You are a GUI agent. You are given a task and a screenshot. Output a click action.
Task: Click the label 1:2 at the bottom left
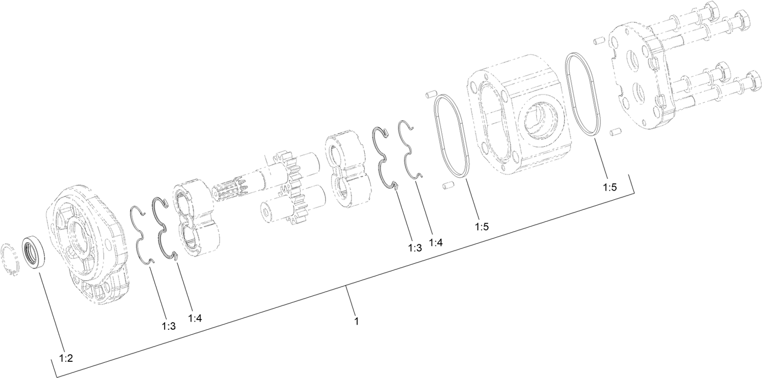pyautogui.click(x=66, y=358)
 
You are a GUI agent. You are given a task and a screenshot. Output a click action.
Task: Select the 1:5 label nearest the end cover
pyautogui.click(x=610, y=187)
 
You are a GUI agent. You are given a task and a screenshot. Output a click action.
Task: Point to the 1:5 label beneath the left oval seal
pyautogui.click(x=482, y=226)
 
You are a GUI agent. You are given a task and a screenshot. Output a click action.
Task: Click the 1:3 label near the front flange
pyautogui.click(x=169, y=326)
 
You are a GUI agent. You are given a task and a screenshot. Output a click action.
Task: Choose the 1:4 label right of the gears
pyautogui.click(x=436, y=242)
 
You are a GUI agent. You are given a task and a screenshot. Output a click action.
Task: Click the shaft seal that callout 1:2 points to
pyautogui.click(x=33, y=253)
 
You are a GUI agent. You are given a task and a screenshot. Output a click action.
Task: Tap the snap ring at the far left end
pyautogui.click(x=10, y=260)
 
